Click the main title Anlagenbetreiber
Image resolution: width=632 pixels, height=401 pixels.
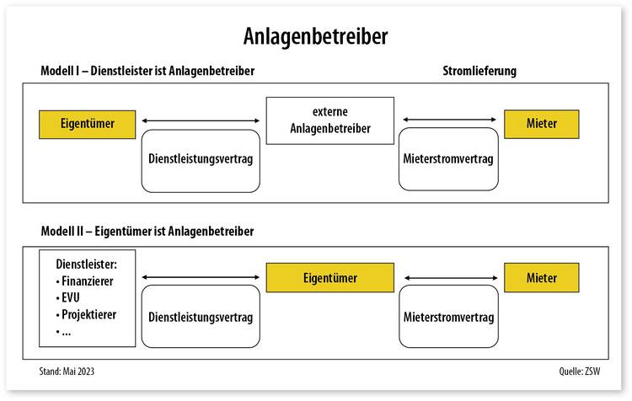(316, 36)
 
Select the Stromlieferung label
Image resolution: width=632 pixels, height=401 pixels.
(479, 71)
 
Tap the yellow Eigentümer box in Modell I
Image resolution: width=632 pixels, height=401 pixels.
(88, 125)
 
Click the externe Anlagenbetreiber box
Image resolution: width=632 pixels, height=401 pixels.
(330, 120)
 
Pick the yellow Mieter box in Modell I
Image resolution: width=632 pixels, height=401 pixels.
(542, 124)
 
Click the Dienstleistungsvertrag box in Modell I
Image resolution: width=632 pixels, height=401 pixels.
(201, 161)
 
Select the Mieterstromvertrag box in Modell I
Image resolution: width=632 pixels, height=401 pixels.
(448, 159)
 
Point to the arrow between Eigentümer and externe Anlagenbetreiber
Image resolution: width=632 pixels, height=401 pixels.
(201, 120)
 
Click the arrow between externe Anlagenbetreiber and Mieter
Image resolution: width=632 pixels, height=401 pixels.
(449, 120)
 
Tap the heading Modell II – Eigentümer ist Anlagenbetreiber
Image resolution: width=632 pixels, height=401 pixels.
(147, 232)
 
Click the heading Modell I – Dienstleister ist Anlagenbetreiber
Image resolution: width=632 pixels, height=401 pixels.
(147, 71)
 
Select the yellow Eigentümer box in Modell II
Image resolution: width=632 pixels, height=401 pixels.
(330, 278)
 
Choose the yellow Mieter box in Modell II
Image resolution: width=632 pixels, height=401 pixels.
(542, 278)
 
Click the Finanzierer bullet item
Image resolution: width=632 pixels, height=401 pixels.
(84, 281)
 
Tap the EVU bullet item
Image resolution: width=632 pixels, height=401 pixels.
(67, 298)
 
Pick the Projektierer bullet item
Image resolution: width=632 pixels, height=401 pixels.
(86, 315)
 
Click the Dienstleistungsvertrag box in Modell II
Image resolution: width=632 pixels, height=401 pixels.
(201, 317)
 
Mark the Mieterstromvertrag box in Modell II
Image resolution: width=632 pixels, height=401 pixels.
(448, 317)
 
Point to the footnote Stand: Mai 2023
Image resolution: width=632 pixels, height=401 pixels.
(67, 372)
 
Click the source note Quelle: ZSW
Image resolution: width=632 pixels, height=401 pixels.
(579, 372)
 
